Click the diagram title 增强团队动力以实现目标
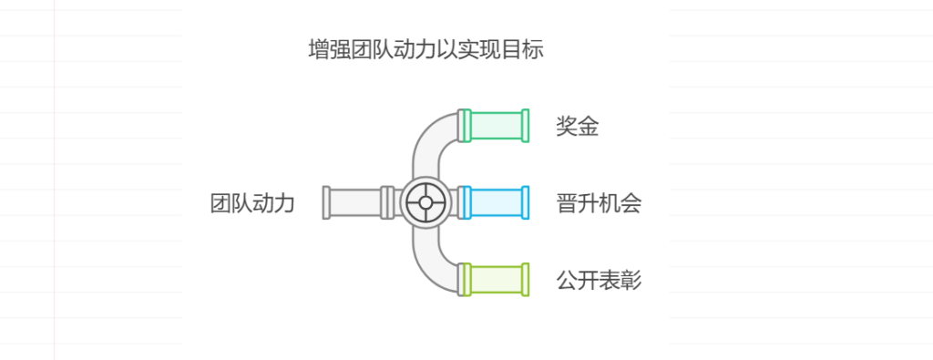point(426,49)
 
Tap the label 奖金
point(578,126)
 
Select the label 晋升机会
point(599,202)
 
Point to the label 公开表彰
point(599,280)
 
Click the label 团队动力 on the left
point(252,202)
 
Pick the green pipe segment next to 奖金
point(496,126)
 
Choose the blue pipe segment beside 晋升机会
point(496,202)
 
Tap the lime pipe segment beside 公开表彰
point(496,280)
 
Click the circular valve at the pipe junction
point(425,202)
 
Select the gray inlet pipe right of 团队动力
point(355,202)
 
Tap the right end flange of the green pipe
point(526,126)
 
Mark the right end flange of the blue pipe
point(526,202)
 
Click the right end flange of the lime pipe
point(526,280)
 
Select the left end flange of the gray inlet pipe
point(326,202)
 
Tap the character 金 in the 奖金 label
point(589,126)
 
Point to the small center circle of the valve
point(425,202)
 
